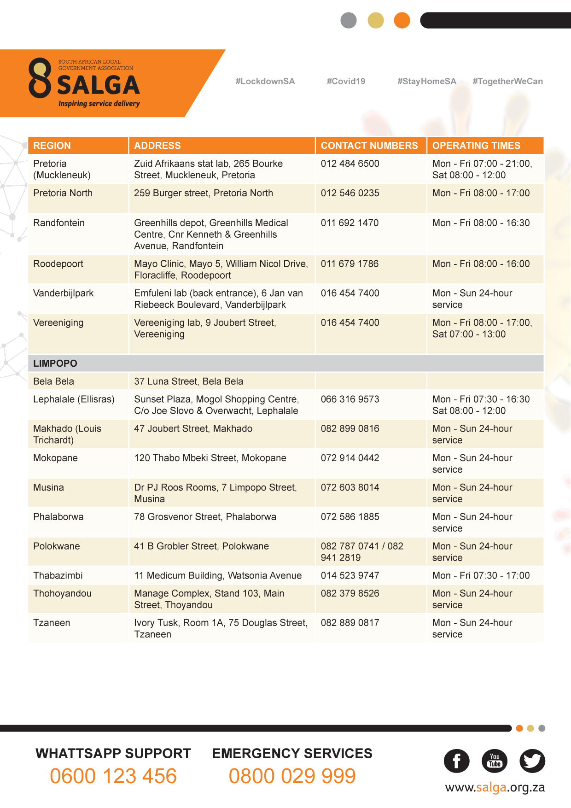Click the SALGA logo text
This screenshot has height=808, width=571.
pyautogui.click(x=98, y=85)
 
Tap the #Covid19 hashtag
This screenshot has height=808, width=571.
pyautogui.click(x=346, y=82)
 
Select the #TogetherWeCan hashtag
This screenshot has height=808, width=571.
pyautogui.click(x=507, y=82)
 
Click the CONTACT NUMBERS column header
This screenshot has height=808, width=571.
pyautogui.click(x=369, y=146)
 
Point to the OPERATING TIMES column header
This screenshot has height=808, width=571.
pyautogui.click(x=476, y=146)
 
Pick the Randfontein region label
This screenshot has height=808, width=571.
pyautogui.click(x=59, y=223)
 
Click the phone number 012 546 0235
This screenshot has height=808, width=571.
pyautogui.click(x=350, y=193)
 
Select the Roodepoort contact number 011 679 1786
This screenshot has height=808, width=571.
pyautogui.click(x=350, y=264)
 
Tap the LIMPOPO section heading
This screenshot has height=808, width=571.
pyautogui.click(x=55, y=363)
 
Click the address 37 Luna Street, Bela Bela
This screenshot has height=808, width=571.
pyautogui.click(x=188, y=381)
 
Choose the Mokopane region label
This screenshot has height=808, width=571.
pyautogui.click(x=55, y=458)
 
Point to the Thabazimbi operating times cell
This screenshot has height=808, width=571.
pyautogui.click(x=481, y=575)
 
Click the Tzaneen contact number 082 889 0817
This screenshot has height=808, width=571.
pyautogui.click(x=350, y=623)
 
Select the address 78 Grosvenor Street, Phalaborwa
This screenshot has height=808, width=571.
pyautogui.click(x=205, y=517)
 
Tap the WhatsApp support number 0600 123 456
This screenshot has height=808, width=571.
pyautogui.click(x=113, y=776)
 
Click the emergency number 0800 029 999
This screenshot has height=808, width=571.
pyautogui.click(x=292, y=776)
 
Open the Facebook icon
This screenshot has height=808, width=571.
pyautogui.click(x=456, y=761)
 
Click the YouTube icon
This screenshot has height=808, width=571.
pyautogui.click(x=495, y=761)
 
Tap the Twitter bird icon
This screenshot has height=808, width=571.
pyautogui.click(x=532, y=761)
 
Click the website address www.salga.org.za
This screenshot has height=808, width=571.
pyautogui.click(x=495, y=788)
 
